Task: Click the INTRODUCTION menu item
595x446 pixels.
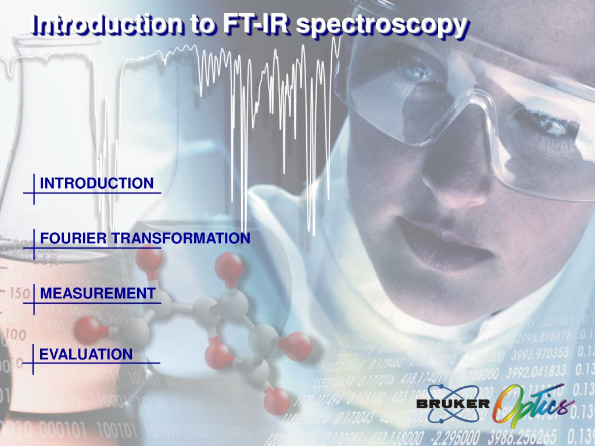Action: [96, 184]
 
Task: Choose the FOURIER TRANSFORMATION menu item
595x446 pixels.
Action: [145, 238]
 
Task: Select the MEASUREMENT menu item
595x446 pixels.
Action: [98, 293]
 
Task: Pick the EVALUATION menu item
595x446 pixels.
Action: [86, 354]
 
